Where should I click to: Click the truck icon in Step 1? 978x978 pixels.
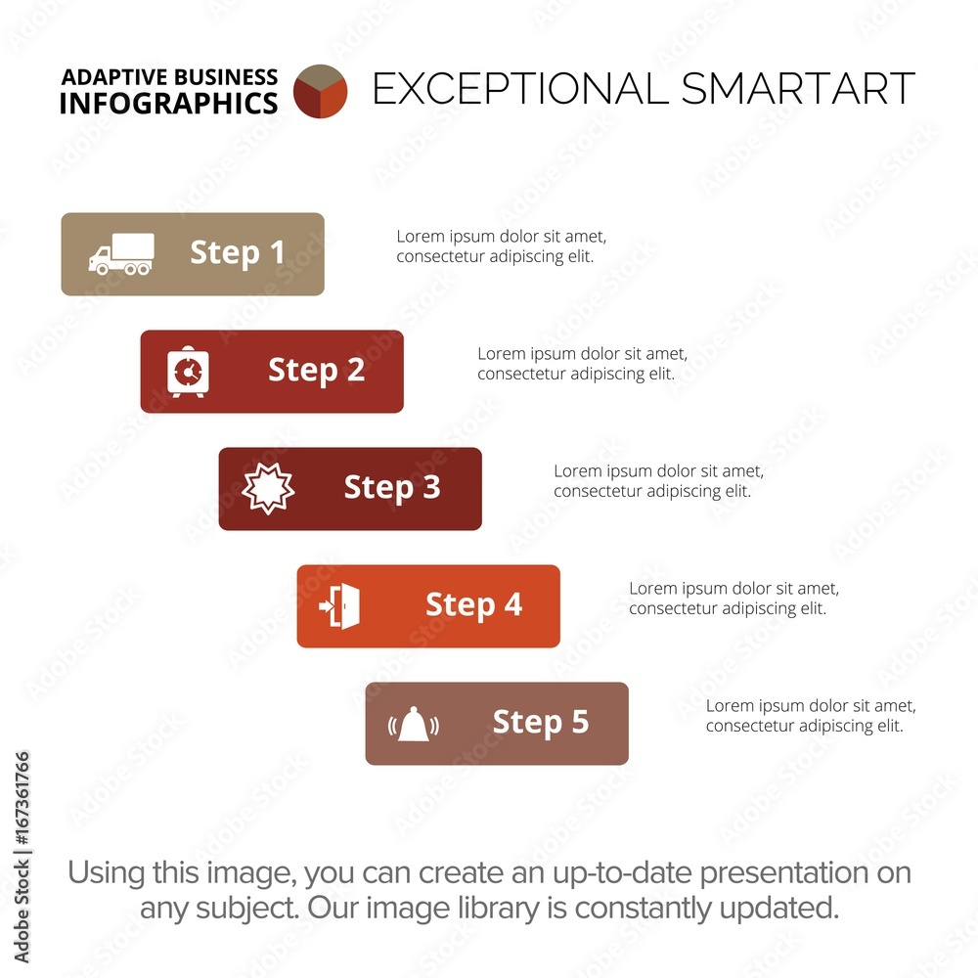click(121, 254)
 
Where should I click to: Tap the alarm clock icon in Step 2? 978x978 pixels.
click(188, 371)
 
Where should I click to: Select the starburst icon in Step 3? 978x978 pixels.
click(268, 488)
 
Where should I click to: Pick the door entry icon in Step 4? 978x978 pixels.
click(340, 605)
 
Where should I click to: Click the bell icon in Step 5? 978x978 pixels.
click(413, 724)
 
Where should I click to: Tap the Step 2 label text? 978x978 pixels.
click(316, 371)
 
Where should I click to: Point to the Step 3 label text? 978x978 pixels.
click(392, 488)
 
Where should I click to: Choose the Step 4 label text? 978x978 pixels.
click(473, 605)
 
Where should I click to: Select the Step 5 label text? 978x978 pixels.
click(541, 723)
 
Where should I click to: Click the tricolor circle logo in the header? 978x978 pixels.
click(320, 91)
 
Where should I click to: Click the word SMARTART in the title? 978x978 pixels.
click(798, 89)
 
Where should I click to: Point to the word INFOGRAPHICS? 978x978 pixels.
click(168, 104)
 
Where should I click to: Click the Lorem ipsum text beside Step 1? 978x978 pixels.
click(502, 246)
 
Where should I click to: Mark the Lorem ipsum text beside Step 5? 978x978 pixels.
click(811, 716)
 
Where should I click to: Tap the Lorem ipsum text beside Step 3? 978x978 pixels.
click(658, 481)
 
